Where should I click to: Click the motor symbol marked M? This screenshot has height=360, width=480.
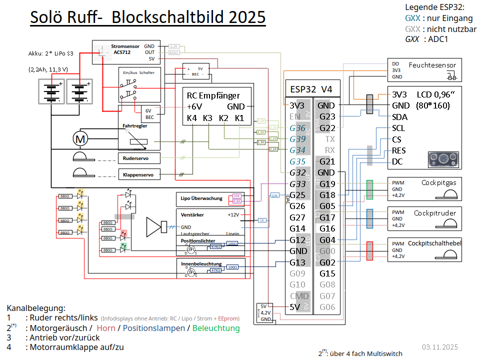click(x=80, y=137)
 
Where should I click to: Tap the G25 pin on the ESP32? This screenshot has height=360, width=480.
click(x=297, y=194)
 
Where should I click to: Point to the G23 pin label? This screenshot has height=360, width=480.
click(x=327, y=116)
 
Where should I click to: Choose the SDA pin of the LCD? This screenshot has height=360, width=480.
click(x=400, y=117)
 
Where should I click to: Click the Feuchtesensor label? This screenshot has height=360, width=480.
click(x=432, y=65)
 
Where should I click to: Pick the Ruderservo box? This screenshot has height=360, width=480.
click(x=139, y=158)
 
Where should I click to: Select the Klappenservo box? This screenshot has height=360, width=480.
click(x=139, y=174)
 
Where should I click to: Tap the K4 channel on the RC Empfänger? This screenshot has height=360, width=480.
click(x=192, y=118)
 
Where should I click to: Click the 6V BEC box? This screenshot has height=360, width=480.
click(x=149, y=113)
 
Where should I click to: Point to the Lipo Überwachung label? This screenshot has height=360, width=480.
click(x=201, y=198)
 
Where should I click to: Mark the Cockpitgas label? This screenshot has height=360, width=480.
click(x=438, y=182)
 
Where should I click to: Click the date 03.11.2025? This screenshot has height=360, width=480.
click(x=439, y=347)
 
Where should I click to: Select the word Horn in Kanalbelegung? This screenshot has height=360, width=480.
click(x=105, y=328)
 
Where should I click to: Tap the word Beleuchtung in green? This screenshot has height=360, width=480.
click(x=215, y=328)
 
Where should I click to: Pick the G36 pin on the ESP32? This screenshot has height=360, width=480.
click(x=297, y=128)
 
